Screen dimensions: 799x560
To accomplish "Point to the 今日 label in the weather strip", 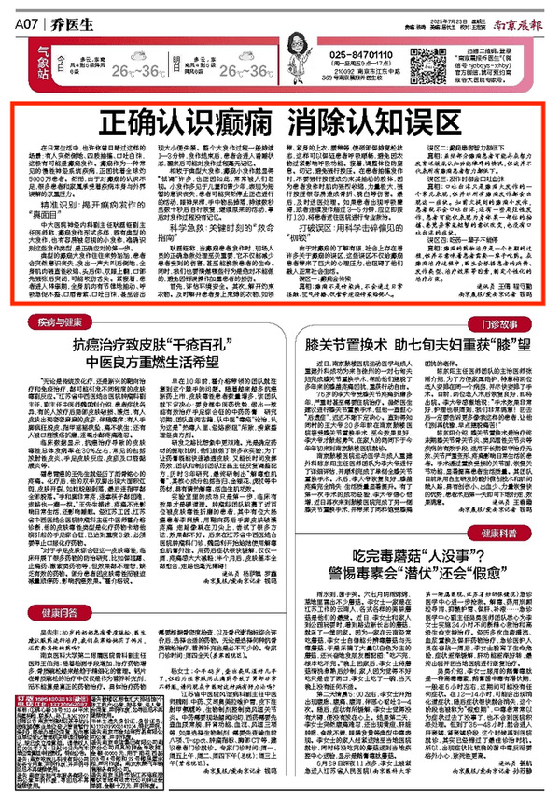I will tap(63, 59).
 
